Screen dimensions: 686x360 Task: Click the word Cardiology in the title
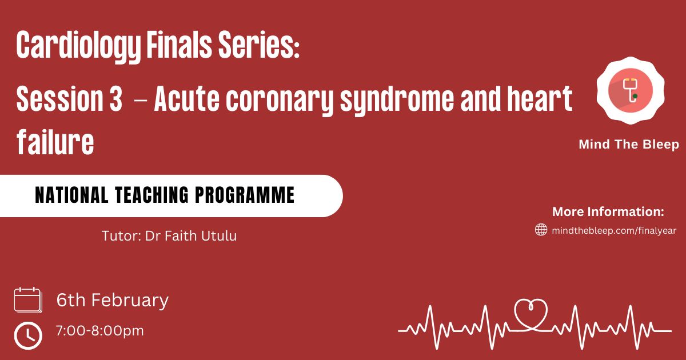pyautogui.click(x=78, y=46)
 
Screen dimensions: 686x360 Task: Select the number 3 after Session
pyautogui.click(x=115, y=98)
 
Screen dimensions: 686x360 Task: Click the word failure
pyautogui.click(x=55, y=142)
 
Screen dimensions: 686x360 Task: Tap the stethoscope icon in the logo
pyautogui.click(x=631, y=90)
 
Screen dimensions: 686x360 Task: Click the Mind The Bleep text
pyautogui.click(x=629, y=144)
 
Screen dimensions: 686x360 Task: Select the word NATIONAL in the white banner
pyautogui.click(x=71, y=195)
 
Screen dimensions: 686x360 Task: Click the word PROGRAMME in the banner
pyautogui.click(x=245, y=195)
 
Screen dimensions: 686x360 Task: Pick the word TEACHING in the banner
pyautogui.click(x=152, y=195)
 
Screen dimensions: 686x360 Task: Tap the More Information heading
pyautogui.click(x=608, y=211)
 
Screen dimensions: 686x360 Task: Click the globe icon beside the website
pyautogui.click(x=541, y=230)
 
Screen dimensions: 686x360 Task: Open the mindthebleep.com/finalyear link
pyautogui.click(x=614, y=230)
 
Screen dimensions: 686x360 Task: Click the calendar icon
pyautogui.click(x=28, y=300)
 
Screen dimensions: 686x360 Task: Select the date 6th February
pyautogui.click(x=113, y=300)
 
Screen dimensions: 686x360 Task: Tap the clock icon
pyautogui.click(x=28, y=335)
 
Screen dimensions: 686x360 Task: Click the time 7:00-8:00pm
pyautogui.click(x=100, y=331)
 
